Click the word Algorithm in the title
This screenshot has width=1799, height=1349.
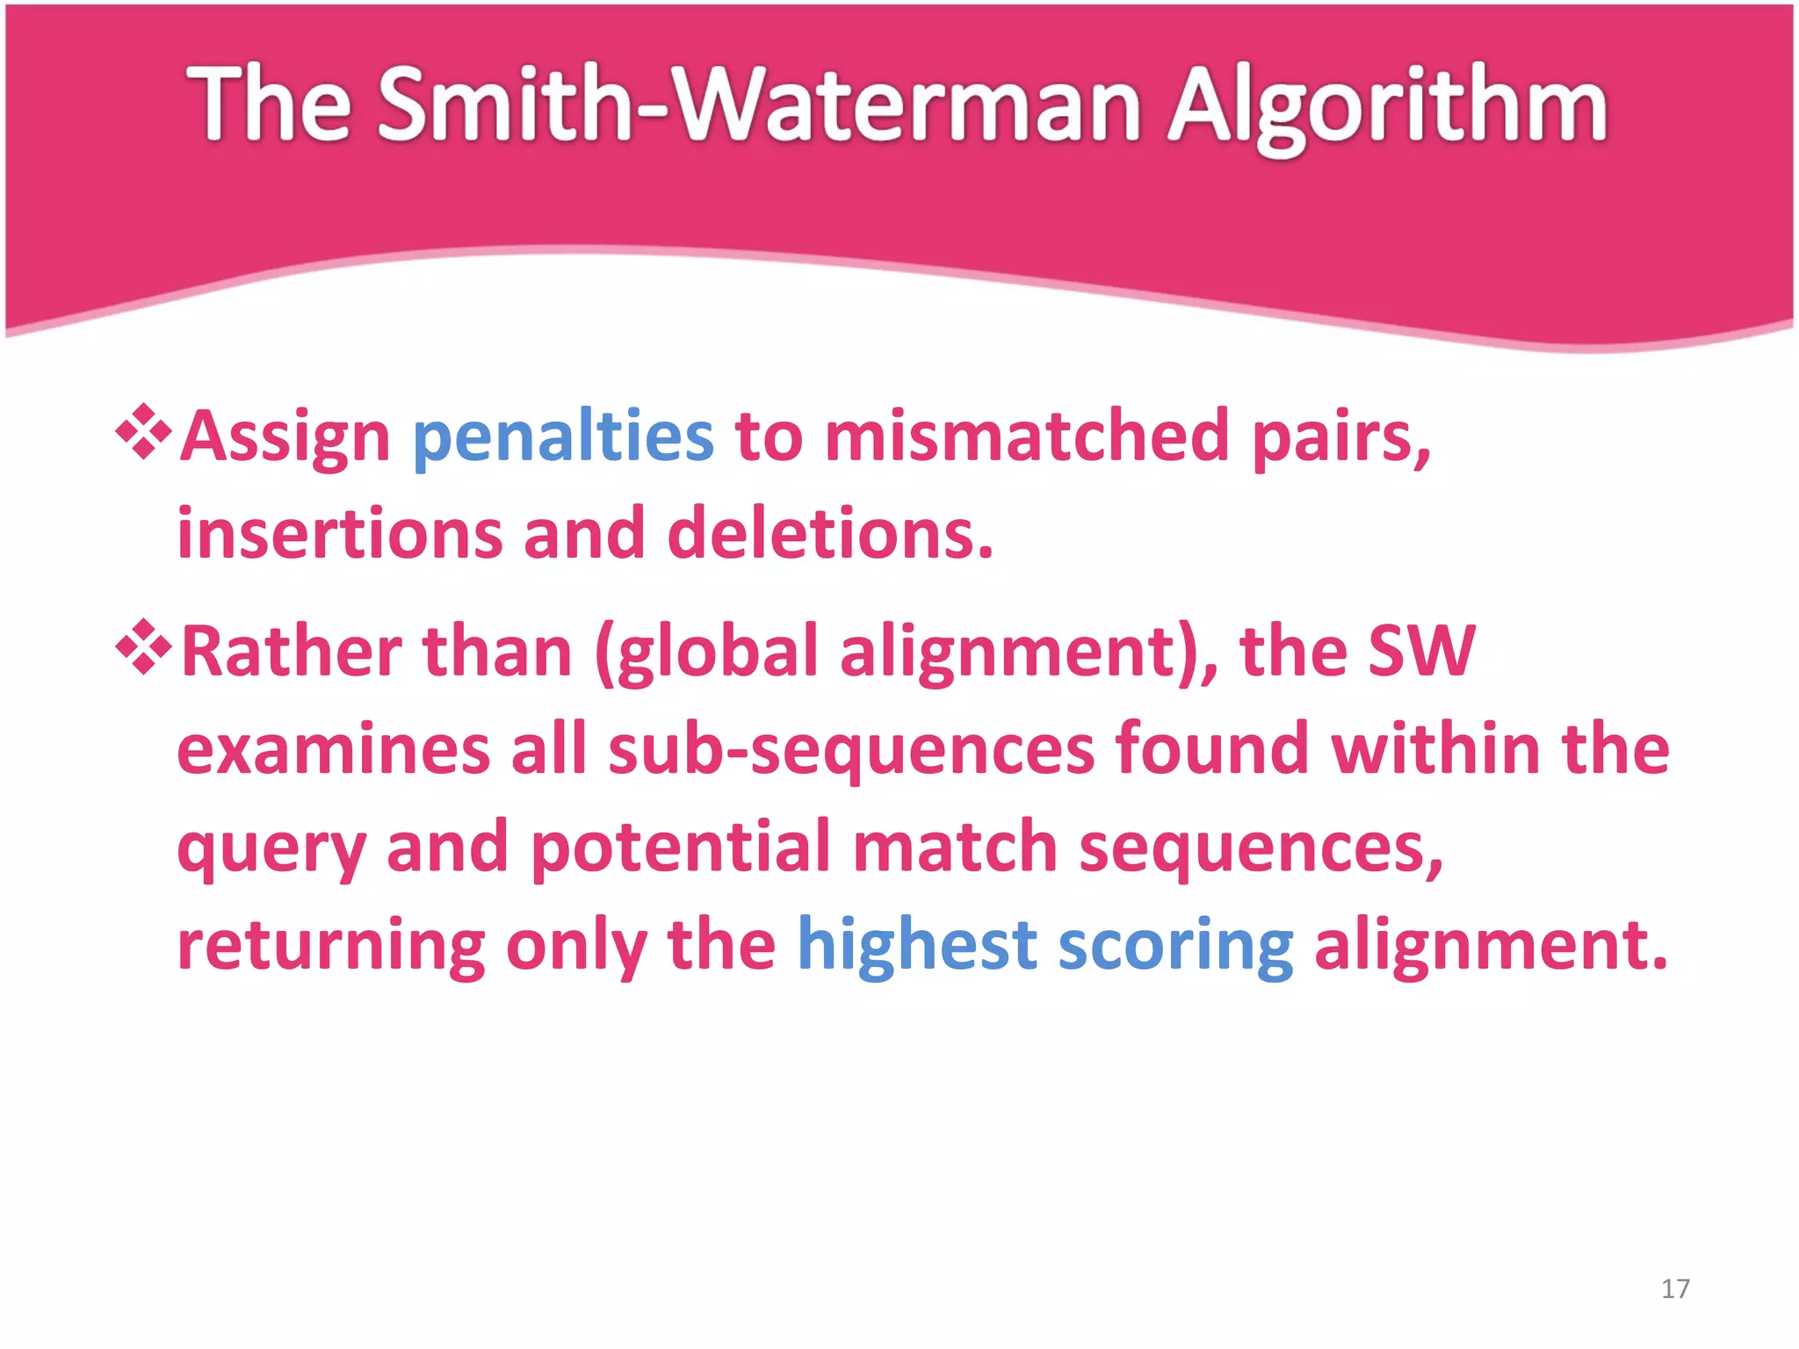(1388, 107)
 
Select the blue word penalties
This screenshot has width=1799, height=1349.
(563, 436)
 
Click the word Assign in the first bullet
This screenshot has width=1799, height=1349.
(285, 436)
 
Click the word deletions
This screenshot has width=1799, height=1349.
(830, 534)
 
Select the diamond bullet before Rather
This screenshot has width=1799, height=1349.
(143, 647)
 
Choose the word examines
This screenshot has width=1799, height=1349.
(334, 750)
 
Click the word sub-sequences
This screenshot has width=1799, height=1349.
(851, 750)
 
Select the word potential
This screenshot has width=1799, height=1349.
(681, 848)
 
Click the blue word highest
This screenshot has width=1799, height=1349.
(917, 945)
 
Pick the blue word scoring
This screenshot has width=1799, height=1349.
(1175, 947)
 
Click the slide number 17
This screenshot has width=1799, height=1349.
(1675, 1288)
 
